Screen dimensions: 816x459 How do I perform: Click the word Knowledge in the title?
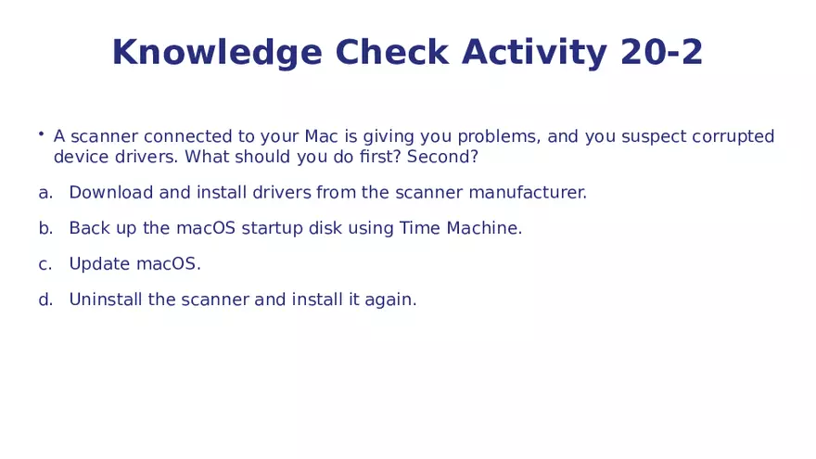tap(217, 53)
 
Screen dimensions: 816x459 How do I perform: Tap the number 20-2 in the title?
tap(661, 52)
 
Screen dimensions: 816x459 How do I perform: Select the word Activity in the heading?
tap(534, 53)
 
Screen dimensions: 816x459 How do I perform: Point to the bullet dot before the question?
tap(41, 134)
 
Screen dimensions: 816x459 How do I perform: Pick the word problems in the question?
tap(499, 137)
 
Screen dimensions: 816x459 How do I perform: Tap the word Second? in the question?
tap(442, 156)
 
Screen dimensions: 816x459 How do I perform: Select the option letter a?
tap(45, 193)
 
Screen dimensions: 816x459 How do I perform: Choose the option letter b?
tap(45, 228)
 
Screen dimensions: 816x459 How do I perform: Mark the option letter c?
tap(45, 264)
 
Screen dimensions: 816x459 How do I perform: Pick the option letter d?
tap(45, 300)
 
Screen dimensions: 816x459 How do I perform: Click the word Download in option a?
tap(111, 192)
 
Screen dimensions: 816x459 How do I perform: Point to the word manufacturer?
tap(528, 192)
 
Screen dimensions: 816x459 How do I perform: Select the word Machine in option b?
tap(484, 228)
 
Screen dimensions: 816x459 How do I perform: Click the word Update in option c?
tap(99, 264)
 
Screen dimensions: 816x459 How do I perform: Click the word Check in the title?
tap(391, 52)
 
